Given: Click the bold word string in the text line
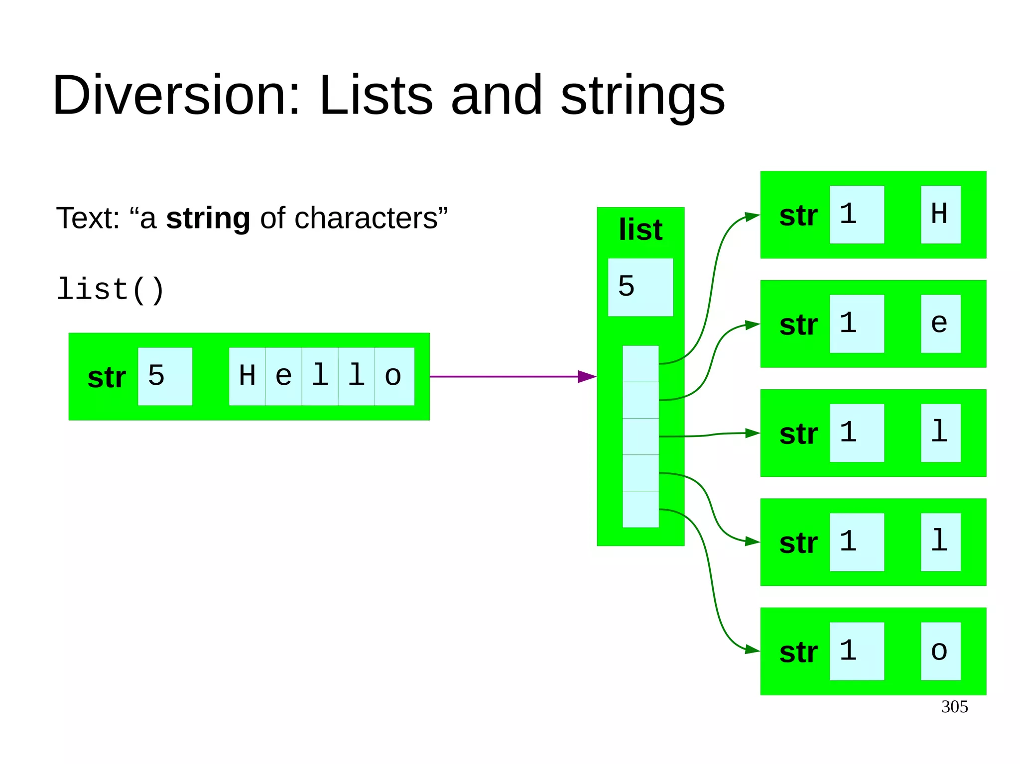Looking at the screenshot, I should (208, 218).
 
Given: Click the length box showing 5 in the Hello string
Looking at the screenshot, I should (165, 376).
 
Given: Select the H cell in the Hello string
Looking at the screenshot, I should (247, 376).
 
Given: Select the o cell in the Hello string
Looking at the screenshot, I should (394, 376).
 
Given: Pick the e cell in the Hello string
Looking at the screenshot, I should (283, 376).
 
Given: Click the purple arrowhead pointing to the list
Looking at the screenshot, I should (587, 377).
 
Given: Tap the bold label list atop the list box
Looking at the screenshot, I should (640, 229).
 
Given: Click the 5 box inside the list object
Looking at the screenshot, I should (640, 287).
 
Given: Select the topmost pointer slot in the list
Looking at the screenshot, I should (640, 364).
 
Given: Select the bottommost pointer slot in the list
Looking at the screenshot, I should (640, 509).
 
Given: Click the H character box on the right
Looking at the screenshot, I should (940, 215).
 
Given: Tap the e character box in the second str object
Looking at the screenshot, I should (940, 324).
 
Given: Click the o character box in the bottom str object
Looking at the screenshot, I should (940, 651).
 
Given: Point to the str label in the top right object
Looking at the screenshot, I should (798, 216).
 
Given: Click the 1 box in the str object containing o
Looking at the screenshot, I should (857, 651).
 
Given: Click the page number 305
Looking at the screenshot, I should (954, 707).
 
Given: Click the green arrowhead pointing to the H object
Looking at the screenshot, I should (752, 217).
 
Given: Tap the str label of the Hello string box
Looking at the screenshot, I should (107, 377).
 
